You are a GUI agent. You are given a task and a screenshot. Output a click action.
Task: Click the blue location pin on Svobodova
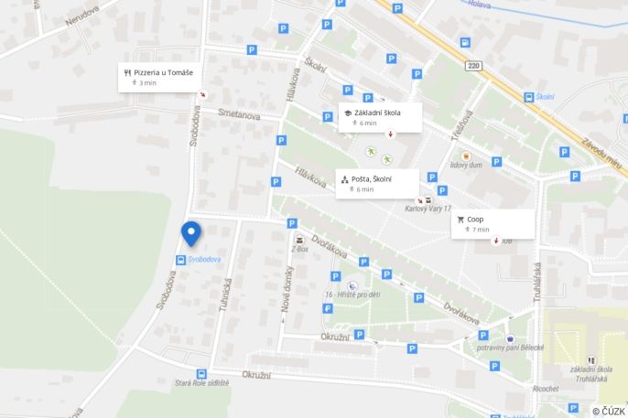(x=190, y=232)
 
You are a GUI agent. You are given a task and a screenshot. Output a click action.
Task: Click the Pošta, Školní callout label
(x=373, y=179)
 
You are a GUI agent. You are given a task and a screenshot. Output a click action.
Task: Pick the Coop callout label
(x=475, y=220)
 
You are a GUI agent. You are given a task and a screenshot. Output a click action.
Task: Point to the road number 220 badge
(x=473, y=66)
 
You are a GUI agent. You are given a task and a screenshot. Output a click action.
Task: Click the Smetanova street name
(x=239, y=115)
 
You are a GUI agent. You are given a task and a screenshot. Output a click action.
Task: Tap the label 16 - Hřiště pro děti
(x=352, y=294)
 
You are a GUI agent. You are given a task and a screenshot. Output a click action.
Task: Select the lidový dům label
(x=466, y=166)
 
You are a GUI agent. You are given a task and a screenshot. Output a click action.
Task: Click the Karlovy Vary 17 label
(x=428, y=209)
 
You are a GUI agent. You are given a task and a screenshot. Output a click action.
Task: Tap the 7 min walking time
(x=481, y=230)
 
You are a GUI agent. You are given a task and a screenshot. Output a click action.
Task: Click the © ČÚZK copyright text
(x=609, y=411)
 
